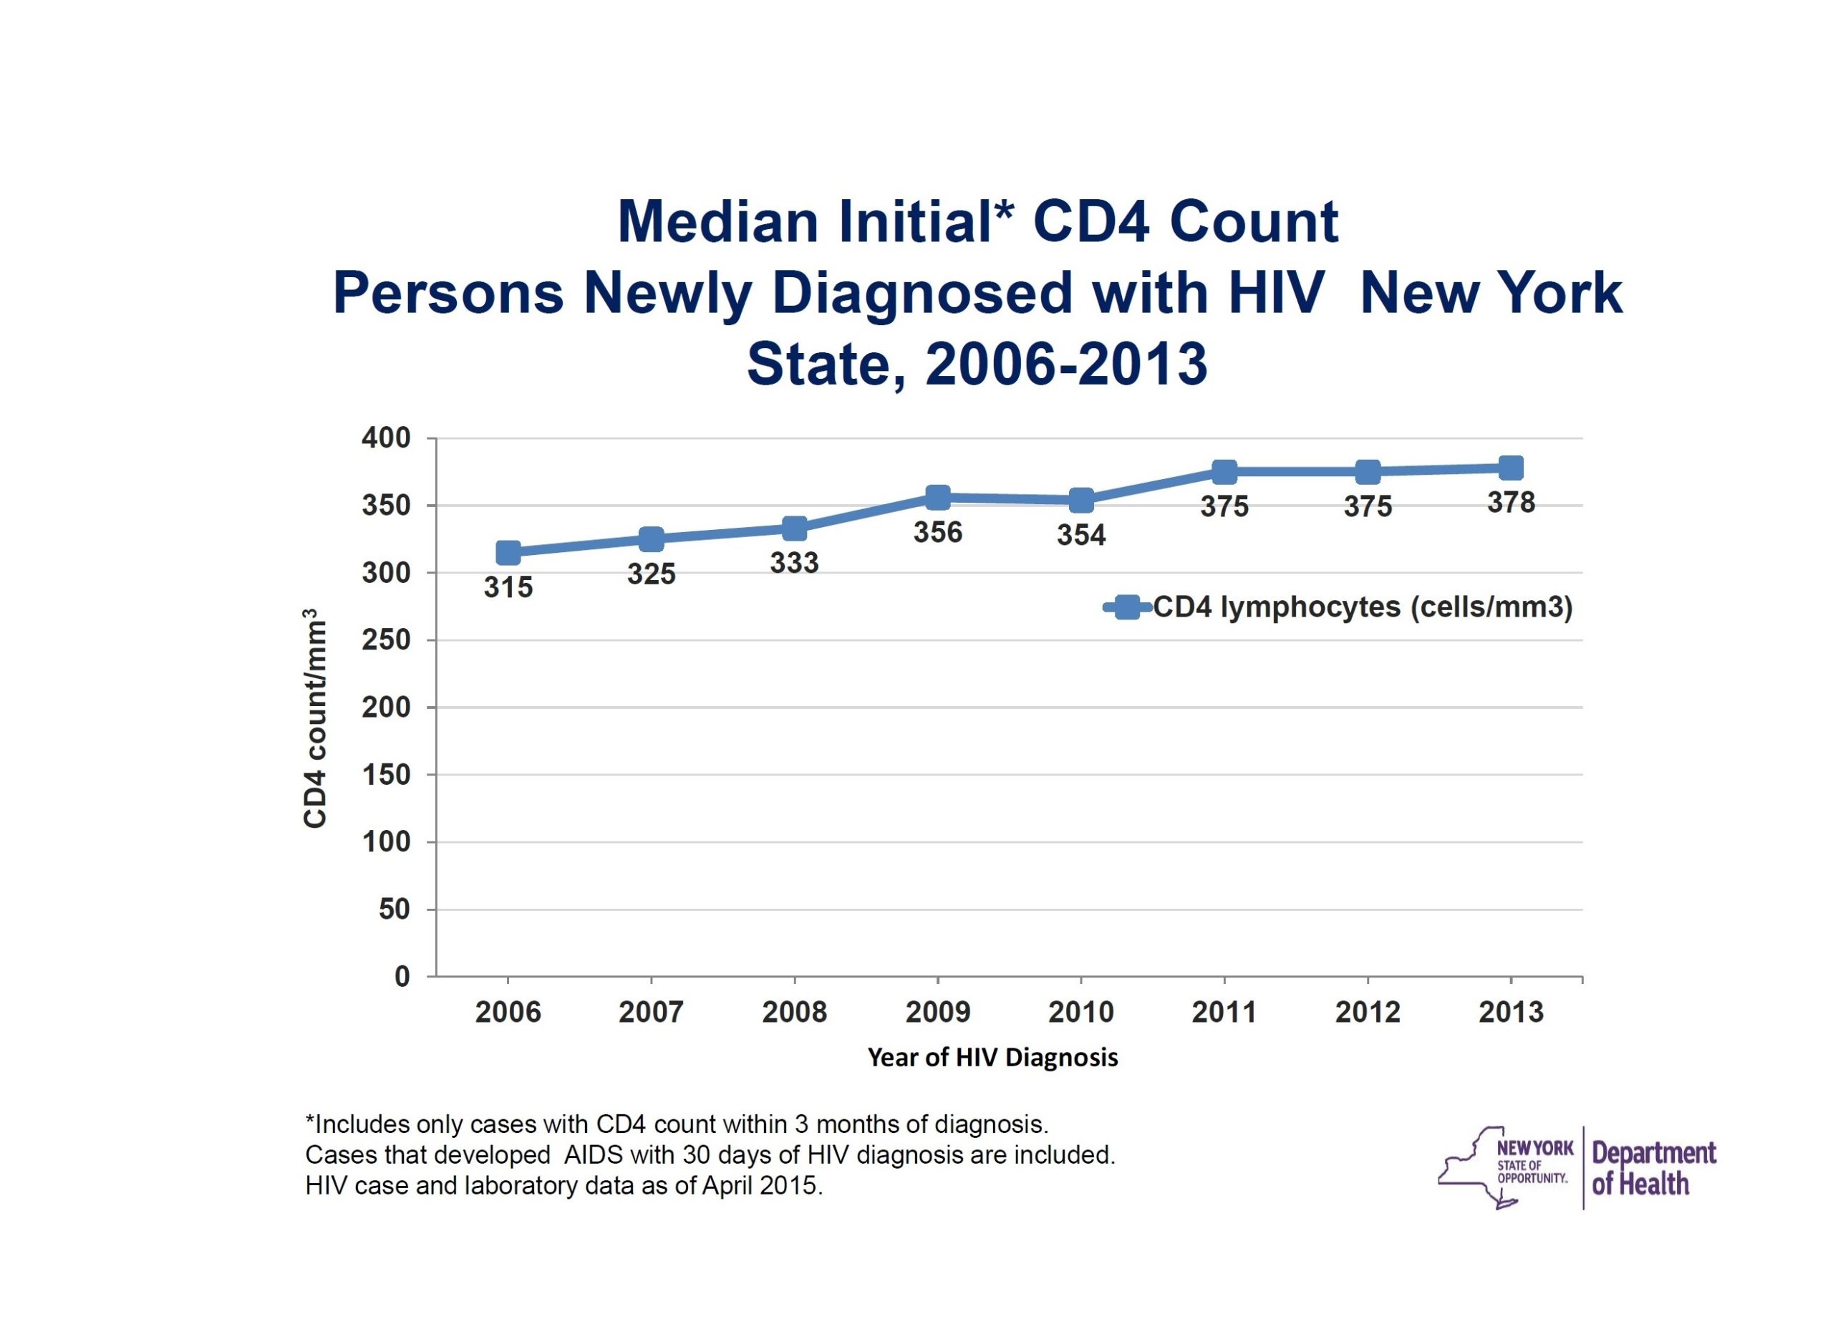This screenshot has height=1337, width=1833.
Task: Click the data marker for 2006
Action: (508, 553)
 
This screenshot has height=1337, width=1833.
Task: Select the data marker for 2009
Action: (938, 497)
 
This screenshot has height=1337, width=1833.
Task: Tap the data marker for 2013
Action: (1511, 468)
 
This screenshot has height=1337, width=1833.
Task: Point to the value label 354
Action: (1080, 535)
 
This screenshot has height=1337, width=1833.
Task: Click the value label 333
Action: (794, 562)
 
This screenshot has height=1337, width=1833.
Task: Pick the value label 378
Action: (1511, 503)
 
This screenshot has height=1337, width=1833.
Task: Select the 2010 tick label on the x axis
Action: (1080, 1012)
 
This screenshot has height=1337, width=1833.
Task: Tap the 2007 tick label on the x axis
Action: (651, 1012)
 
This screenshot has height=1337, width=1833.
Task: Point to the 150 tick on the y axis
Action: (386, 775)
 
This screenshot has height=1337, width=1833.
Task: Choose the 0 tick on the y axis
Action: (402, 977)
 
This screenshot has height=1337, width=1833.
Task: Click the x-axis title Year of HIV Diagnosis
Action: (992, 1057)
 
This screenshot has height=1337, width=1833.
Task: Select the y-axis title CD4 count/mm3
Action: (315, 719)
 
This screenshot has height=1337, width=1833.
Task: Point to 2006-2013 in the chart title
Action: (1066, 365)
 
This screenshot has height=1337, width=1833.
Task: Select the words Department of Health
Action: (1653, 1168)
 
